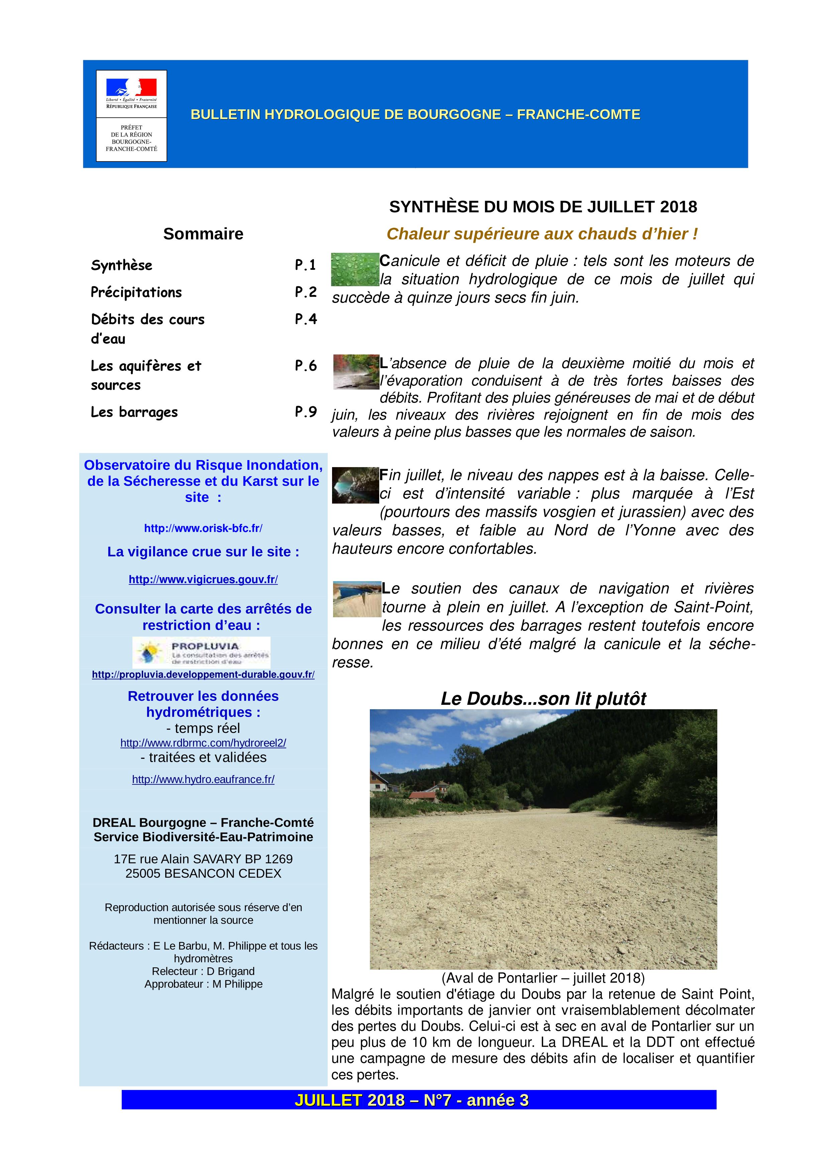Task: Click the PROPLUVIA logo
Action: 201,652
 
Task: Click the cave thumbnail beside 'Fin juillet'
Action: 355,485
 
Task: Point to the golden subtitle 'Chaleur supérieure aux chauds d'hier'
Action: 542,234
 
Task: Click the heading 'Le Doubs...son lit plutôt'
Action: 543,699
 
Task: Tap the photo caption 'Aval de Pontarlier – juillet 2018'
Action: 543,978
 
